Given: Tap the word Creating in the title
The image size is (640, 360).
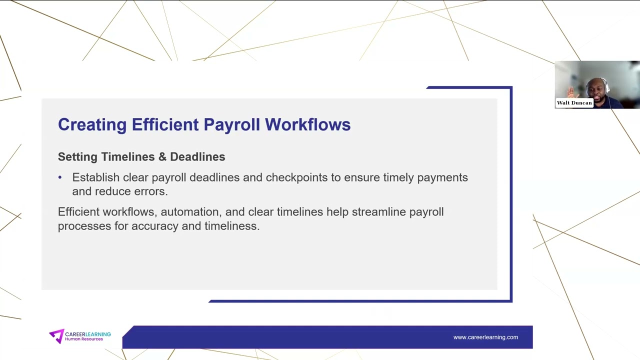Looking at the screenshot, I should (92, 124).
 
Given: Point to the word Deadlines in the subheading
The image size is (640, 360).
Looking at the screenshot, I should (197, 157).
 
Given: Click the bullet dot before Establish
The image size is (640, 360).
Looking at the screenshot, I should (60, 177).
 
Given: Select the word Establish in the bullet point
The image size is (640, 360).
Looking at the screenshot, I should (95, 177).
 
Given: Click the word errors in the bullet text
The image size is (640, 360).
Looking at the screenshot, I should (150, 191).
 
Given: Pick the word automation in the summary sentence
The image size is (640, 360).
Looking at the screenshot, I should (189, 212).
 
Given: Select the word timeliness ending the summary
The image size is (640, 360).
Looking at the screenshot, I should (231, 226).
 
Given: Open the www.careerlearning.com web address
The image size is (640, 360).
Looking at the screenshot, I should (485, 337).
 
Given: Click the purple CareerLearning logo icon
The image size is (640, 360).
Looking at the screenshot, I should (56, 336).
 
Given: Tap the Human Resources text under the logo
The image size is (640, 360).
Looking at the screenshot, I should (84, 339).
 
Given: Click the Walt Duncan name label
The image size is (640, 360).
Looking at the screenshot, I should (574, 103).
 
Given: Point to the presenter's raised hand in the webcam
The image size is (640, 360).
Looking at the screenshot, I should (571, 91).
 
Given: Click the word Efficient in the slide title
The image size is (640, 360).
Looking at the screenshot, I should (165, 124).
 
